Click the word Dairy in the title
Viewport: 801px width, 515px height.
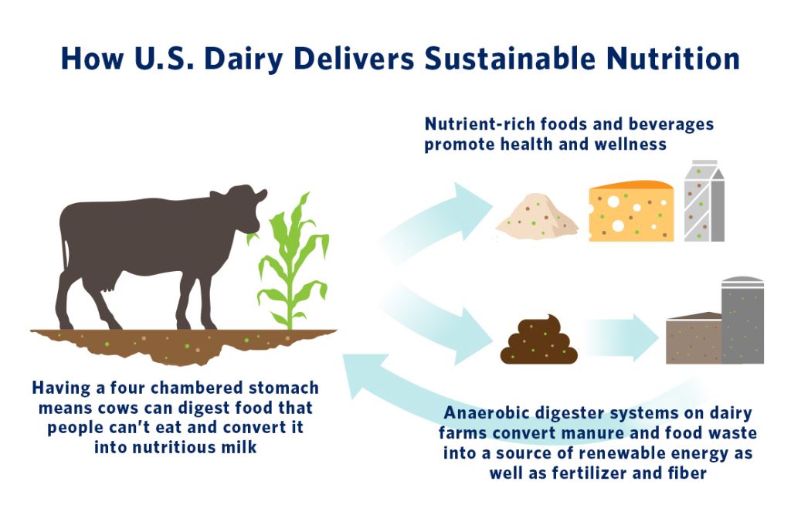click(243, 59)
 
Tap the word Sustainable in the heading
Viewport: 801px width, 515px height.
click(509, 58)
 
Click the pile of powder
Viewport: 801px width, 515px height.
click(536, 216)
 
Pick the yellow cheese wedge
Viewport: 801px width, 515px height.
click(631, 211)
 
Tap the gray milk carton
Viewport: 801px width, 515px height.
click(704, 201)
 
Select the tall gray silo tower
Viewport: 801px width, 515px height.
click(742, 320)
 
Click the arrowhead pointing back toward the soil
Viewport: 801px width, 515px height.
click(365, 376)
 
